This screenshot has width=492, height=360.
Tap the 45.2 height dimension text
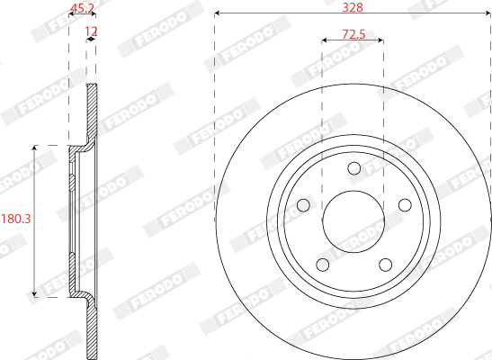coord(83,10)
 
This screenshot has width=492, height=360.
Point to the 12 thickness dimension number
coord(91,31)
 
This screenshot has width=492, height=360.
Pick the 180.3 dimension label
coord(15,219)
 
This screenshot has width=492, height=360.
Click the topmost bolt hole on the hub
coord(353,168)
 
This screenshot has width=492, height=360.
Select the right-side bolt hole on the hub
coord(404,205)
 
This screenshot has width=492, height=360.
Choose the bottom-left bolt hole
coord(321,265)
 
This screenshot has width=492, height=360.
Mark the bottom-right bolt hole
coord(385,265)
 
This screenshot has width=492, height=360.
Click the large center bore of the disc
coord(353,220)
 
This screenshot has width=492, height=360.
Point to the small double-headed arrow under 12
coord(91,40)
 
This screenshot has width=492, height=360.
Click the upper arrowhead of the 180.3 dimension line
coord(34,147)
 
